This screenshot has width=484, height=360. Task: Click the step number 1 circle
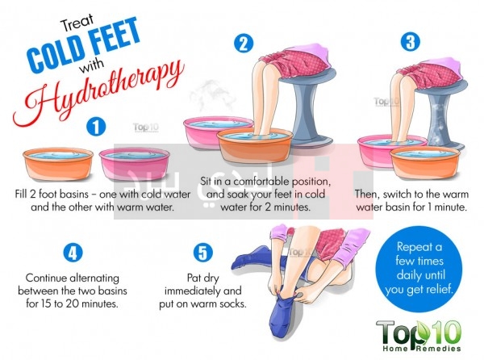96,127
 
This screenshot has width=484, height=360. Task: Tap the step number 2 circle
244,43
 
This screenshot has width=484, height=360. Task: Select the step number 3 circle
411,41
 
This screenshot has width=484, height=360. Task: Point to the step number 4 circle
73,253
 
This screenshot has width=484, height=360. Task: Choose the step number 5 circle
202,253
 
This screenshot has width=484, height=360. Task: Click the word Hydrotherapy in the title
98,93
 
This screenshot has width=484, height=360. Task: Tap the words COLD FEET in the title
83,46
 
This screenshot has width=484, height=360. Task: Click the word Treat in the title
77,24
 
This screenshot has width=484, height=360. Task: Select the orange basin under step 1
58,164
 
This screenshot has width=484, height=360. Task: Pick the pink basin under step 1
135,164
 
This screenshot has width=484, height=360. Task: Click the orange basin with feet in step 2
255,149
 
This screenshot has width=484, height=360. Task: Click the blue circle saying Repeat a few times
419,269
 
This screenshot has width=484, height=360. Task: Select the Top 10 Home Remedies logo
419,336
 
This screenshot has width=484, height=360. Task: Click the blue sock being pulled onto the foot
284,315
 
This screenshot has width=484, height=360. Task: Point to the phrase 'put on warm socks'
202,304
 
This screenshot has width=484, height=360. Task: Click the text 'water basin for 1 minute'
411,207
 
